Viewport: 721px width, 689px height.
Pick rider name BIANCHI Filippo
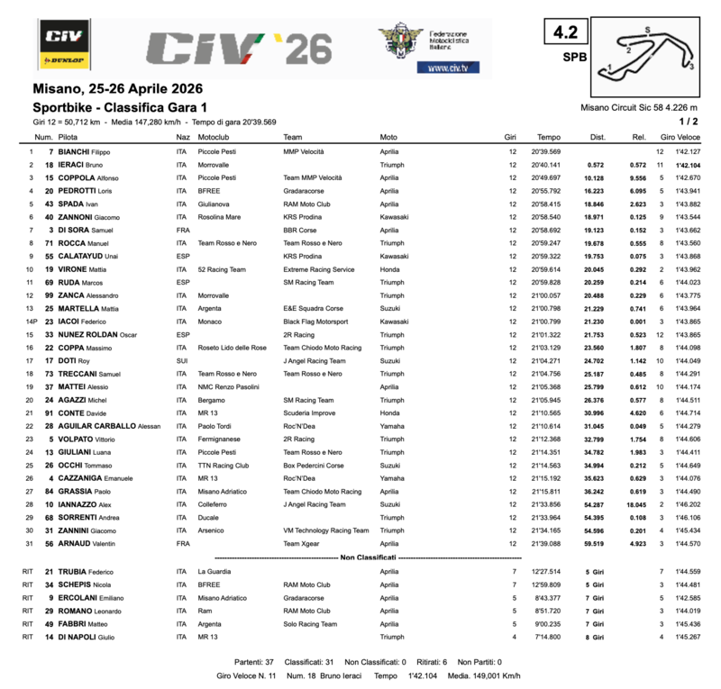(x=90, y=152)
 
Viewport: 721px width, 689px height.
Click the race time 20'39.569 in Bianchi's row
(x=546, y=152)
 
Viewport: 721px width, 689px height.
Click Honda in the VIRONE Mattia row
(x=389, y=269)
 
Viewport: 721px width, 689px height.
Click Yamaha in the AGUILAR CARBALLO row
(x=391, y=426)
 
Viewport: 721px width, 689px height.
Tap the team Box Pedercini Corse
(x=314, y=465)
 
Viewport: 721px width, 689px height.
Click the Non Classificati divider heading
(x=364, y=558)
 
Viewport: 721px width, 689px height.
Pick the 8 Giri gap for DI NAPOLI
(x=595, y=637)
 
